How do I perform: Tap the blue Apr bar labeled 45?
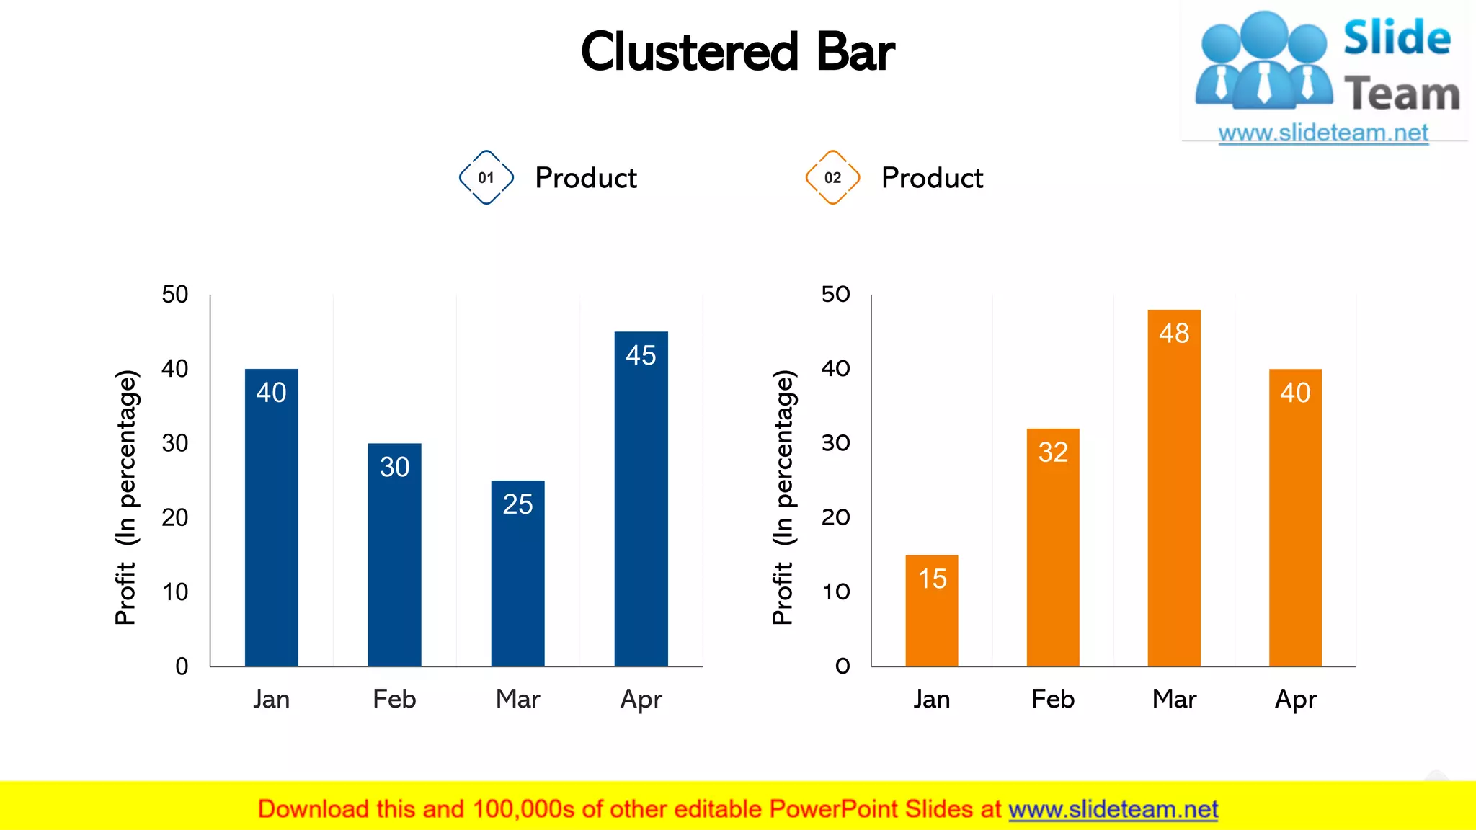[x=641, y=504]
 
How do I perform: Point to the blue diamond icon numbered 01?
[x=486, y=177]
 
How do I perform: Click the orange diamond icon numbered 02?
[x=832, y=177]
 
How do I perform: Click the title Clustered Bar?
[x=737, y=52]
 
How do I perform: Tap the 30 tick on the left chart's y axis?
[x=175, y=443]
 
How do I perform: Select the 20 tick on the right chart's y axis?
[x=836, y=517]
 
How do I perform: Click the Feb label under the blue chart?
[x=394, y=699]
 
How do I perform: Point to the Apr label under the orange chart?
[x=1295, y=699]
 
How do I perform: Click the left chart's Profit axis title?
[x=126, y=497]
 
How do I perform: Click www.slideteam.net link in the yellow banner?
[x=1113, y=809]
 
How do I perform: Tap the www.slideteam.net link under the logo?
[x=1323, y=133]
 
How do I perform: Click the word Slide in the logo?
[x=1397, y=37]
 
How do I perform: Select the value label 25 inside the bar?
[x=517, y=504]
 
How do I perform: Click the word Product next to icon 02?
[x=932, y=178]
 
